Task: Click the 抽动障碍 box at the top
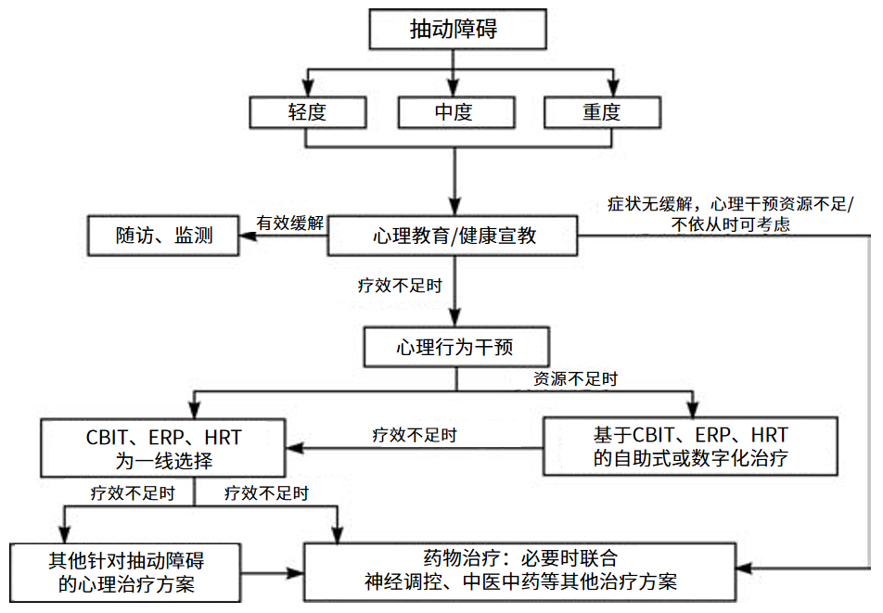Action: point(454,30)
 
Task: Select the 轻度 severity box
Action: point(307,112)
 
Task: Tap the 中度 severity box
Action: point(454,112)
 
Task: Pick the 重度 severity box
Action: point(601,112)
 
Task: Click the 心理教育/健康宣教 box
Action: point(454,236)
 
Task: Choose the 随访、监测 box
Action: point(163,236)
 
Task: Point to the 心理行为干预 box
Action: point(454,348)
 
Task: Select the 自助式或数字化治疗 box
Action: point(690,446)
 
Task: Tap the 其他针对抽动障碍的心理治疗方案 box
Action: point(126,571)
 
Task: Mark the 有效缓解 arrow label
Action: point(290,223)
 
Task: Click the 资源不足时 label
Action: point(575,379)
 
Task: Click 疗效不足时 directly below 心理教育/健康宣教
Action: point(401,286)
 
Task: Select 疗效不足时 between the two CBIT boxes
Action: point(414,434)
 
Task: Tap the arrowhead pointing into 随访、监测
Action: point(248,236)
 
